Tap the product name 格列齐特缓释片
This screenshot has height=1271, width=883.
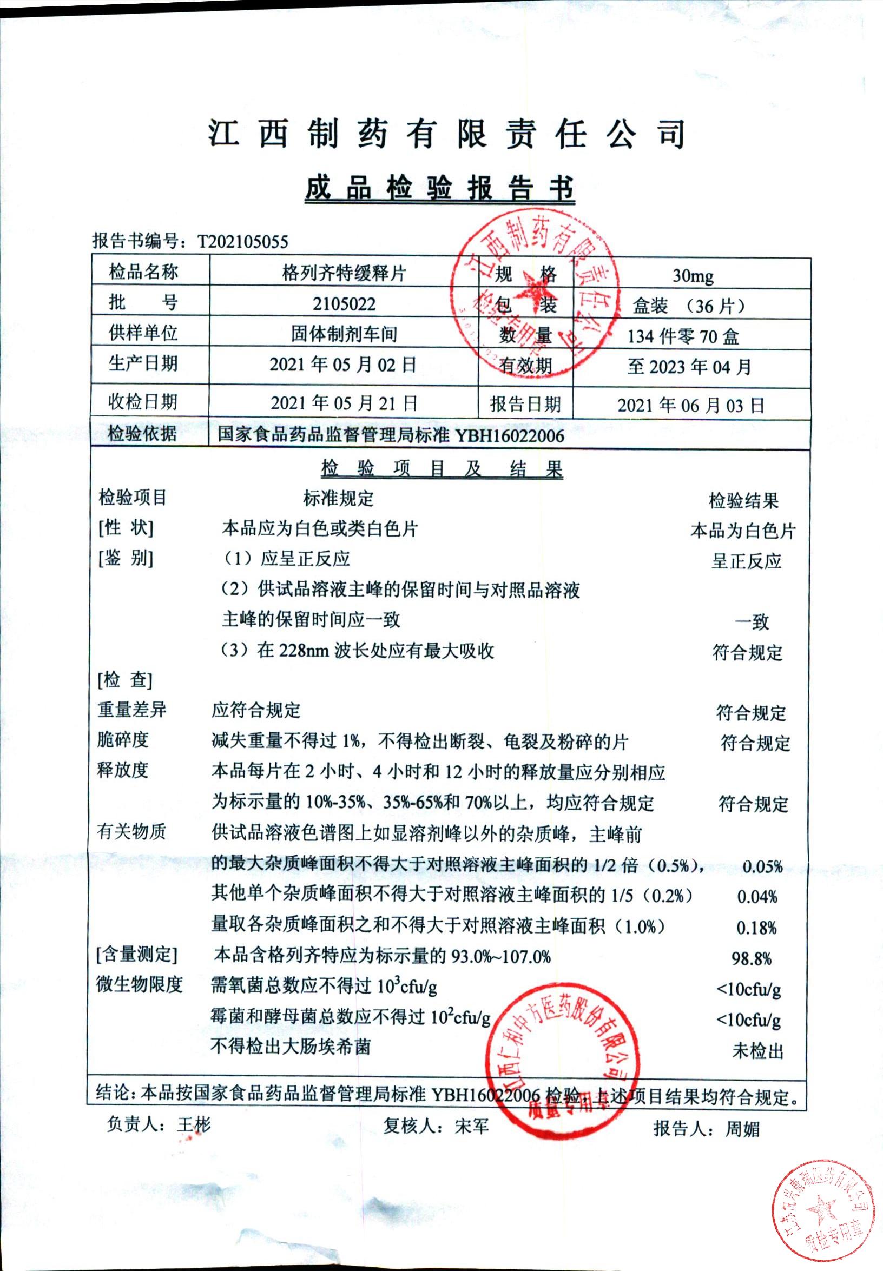pos(344,273)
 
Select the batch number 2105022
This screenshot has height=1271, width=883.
pos(344,303)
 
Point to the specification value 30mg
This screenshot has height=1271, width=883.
pos(692,276)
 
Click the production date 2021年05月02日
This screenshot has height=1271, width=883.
pos(342,365)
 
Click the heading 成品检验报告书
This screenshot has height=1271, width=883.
pos(440,188)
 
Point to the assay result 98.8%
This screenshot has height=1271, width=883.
pos(751,958)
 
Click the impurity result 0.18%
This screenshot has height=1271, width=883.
pos(756,928)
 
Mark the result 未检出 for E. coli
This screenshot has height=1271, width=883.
pos(757,1051)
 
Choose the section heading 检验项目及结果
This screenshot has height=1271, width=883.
pos(441,469)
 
